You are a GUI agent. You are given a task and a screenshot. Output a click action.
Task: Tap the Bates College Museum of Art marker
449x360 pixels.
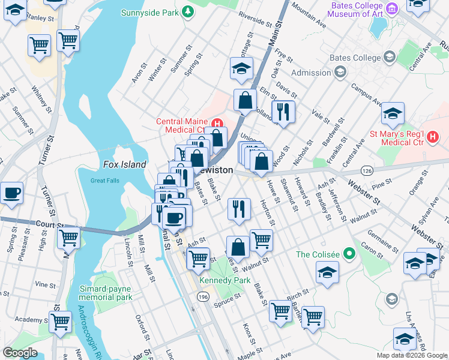coord(392,9)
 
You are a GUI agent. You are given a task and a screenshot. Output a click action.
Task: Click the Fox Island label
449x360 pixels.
coord(124,164)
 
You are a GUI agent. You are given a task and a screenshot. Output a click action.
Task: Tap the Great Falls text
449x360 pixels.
coord(105,181)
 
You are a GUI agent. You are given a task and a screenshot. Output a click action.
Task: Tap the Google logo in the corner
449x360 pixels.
coord(20,352)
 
